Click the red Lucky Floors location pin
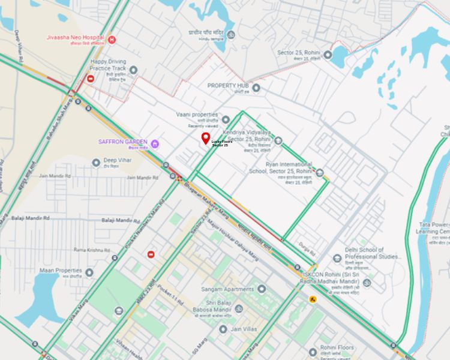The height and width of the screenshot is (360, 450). pos(206,139)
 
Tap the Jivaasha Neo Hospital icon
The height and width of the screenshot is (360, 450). pos(112,40)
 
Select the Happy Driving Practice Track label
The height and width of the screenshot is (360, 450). pos(108,64)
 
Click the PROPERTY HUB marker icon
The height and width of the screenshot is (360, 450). pos(256,88)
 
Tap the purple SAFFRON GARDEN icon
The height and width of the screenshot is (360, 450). pos(155,143)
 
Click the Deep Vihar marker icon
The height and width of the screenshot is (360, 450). pos(96,163)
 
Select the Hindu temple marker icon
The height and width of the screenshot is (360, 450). pos(230,34)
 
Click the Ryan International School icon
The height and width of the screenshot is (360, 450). pos(320,173)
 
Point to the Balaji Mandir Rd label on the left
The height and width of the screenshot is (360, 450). pos(30,218)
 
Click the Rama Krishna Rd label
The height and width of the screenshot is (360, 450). pos(88,250)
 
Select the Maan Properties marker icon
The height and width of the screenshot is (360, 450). pos(89,273)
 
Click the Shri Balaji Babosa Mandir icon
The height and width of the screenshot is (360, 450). pos(239,309)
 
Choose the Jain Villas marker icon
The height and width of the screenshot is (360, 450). pos(223,329)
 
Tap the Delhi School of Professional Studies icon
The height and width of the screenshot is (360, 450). pos(338,259)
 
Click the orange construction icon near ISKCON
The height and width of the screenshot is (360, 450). pos(313,299)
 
